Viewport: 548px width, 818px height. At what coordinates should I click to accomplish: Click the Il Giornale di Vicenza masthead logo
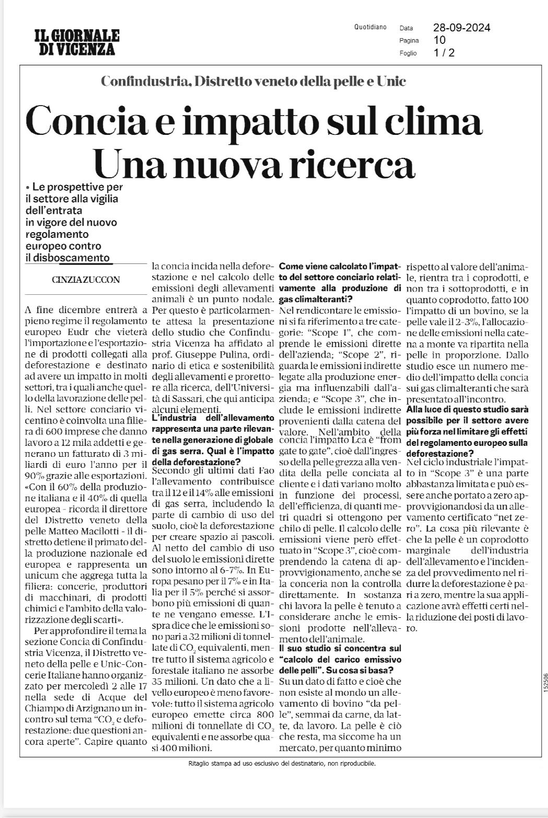click(77, 42)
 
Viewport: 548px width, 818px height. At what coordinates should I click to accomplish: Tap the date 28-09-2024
click(461, 28)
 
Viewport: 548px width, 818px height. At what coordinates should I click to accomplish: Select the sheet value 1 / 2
click(444, 53)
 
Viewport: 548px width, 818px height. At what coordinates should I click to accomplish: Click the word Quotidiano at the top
click(370, 27)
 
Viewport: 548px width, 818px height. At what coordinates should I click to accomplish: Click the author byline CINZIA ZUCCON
click(86, 280)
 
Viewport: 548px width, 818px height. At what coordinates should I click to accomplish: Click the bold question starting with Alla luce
click(467, 430)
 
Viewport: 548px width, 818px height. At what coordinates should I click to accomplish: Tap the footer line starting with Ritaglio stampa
click(282, 763)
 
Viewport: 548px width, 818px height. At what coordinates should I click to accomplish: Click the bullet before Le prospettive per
click(27, 187)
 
